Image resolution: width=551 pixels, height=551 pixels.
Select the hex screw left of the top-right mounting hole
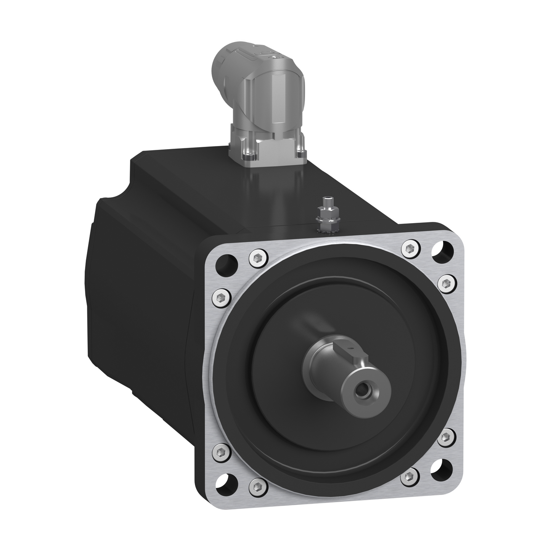click(411, 249)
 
